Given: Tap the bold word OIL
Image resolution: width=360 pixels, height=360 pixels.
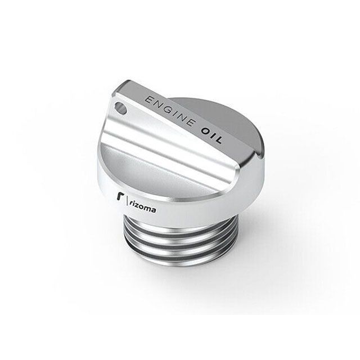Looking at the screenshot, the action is coord(211,135).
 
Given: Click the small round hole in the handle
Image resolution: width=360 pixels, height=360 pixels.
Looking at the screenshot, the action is coord(120,108).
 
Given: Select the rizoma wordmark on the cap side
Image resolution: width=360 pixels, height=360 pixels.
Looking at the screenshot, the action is coord(142,207).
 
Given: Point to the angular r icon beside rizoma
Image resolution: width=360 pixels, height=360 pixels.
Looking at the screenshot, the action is coord(119,197).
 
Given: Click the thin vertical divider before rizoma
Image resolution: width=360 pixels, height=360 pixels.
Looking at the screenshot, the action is coord(127,200).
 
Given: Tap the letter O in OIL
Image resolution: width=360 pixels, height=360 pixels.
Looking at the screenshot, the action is coord(205,131).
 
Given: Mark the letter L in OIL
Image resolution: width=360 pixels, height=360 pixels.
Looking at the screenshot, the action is coord(218,139).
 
